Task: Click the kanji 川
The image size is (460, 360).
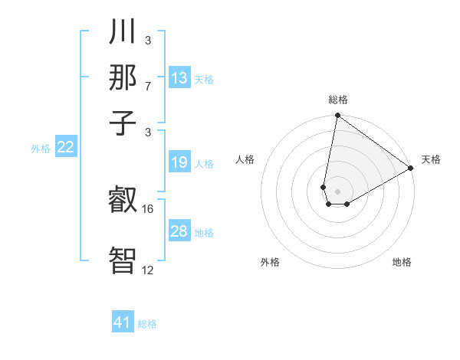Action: pos(123,33)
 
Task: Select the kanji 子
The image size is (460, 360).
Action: pos(123,123)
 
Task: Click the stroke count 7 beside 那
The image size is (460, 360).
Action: pos(147,85)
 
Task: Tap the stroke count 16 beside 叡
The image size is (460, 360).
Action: pos(149,208)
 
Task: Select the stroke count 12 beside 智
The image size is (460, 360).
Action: pos(148,270)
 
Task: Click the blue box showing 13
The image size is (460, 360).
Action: pos(179,78)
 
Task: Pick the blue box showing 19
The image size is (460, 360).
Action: pos(179,162)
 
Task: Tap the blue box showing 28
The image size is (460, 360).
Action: pos(179,231)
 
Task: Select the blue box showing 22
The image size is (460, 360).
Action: pos(66,148)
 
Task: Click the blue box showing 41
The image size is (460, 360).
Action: pos(123,322)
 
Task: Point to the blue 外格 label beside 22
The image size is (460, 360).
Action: pos(41,149)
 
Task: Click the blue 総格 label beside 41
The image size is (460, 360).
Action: pos(147,324)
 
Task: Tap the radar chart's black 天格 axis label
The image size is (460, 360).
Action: pos(431,159)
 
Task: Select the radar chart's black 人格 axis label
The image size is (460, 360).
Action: pos(245,159)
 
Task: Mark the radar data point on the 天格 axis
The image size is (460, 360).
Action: pos(411,169)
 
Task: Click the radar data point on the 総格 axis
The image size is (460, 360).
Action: pos(337,116)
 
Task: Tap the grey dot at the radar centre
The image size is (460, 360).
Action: pos(337,191)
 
